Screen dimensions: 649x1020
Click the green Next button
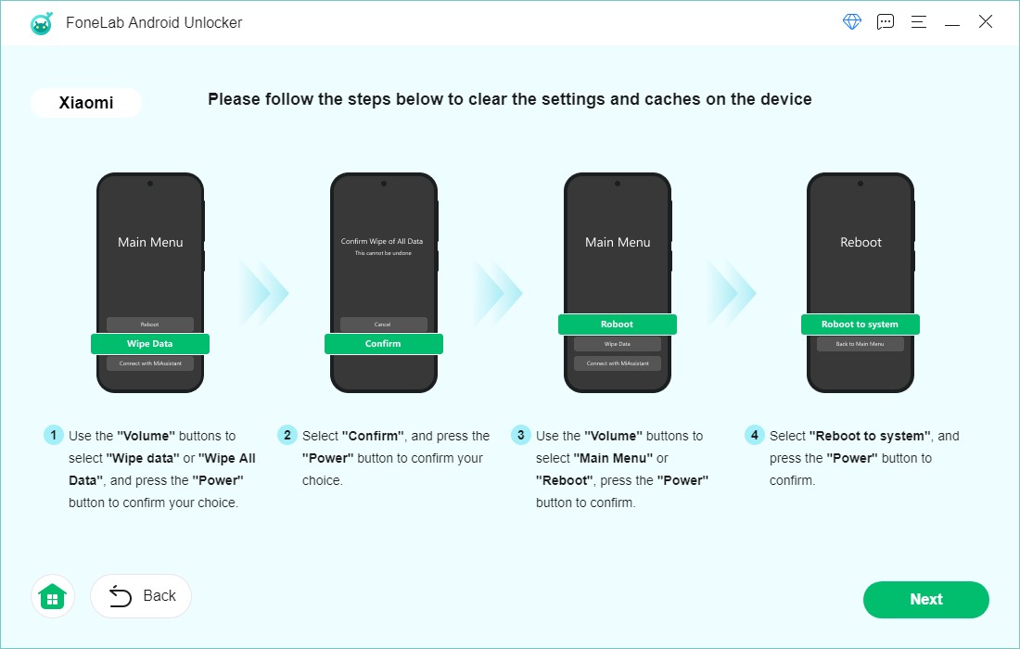(x=925, y=600)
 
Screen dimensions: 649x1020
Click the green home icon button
(x=53, y=596)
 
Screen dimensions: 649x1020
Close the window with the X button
(x=986, y=22)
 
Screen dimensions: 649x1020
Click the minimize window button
(x=952, y=22)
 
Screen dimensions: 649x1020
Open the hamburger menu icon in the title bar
(x=919, y=22)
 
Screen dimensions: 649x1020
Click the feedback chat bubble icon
(x=886, y=22)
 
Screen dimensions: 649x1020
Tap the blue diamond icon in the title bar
(x=852, y=22)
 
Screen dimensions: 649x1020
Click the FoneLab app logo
(x=42, y=23)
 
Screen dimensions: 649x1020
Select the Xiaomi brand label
(x=86, y=103)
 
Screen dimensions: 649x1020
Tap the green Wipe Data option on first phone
(x=150, y=344)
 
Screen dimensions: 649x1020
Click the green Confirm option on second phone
(x=383, y=344)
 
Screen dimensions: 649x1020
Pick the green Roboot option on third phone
(x=617, y=324)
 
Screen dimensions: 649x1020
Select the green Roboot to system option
(x=860, y=324)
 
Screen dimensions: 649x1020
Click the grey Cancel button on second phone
(x=383, y=324)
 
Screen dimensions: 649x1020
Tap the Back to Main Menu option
(x=860, y=344)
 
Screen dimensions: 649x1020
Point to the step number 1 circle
(x=54, y=436)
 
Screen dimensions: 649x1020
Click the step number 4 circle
(x=755, y=436)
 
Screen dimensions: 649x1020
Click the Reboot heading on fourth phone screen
(x=861, y=242)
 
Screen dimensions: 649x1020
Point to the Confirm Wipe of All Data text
(x=383, y=241)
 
